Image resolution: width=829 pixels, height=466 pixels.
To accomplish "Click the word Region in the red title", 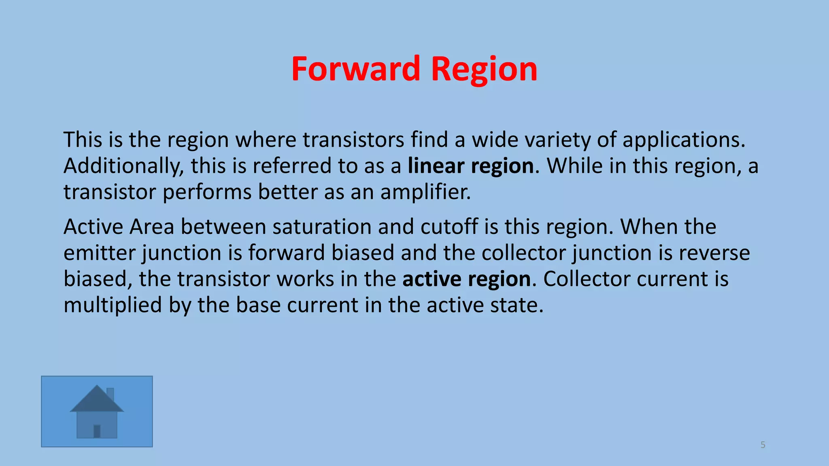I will click(x=484, y=70).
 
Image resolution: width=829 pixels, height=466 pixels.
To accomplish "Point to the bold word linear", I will click(x=436, y=166).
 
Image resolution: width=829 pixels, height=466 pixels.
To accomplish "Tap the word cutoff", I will click(x=449, y=227).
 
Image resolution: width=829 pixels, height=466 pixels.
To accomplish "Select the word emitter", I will click(x=100, y=253).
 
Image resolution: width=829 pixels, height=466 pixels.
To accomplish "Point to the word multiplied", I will click(x=113, y=305).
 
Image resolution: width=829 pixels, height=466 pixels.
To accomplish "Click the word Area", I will click(x=151, y=227).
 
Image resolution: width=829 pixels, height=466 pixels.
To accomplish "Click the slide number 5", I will click(x=763, y=445).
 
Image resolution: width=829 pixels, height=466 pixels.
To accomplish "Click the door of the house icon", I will click(x=97, y=431).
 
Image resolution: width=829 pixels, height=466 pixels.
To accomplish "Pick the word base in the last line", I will click(x=258, y=305).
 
